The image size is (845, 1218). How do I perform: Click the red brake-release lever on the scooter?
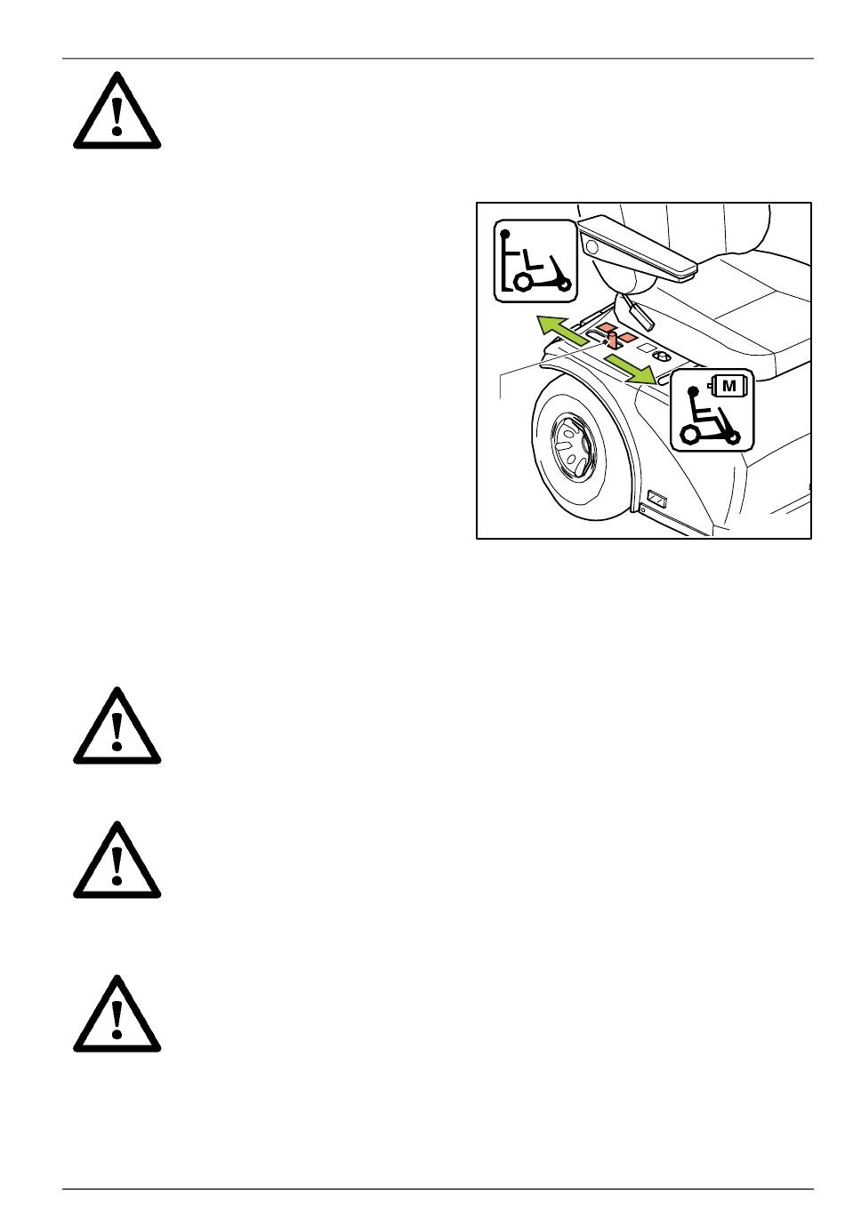(612, 341)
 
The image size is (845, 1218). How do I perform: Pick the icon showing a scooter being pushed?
(535, 260)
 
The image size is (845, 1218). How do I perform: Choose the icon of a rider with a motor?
(712, 411)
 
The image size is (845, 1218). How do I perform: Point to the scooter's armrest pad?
(640, 246)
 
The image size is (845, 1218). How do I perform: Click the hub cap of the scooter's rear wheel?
(573, 448)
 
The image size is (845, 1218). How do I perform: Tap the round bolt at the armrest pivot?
(592, 248)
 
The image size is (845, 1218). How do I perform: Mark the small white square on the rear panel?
(648, 348)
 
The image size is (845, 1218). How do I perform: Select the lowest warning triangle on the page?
(117, 1014)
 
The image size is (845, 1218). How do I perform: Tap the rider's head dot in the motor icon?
(693, 391)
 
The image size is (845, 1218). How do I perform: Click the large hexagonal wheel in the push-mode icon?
(523, 282)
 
